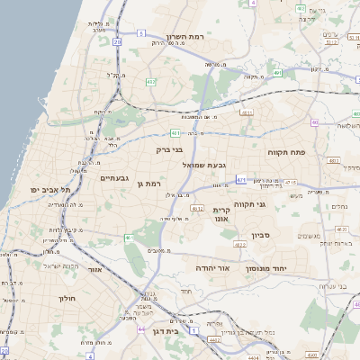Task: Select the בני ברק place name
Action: [169, 149]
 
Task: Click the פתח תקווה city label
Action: [287, 153]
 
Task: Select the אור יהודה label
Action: [214, 268]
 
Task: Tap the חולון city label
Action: [67, 298]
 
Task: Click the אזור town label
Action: [94, 269]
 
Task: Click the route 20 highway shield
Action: [117, 41]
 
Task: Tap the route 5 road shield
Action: [141, 33]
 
